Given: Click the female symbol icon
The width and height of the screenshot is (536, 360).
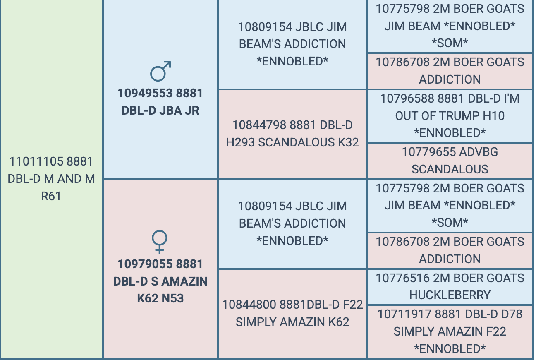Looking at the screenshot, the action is pyautogui.click(x=159, y=242).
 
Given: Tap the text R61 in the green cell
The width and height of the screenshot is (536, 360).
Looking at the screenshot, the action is pyautogui.click(x=51, y=196).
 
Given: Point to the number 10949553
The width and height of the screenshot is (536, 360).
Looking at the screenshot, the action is pyautogui.click(x=145, y=94).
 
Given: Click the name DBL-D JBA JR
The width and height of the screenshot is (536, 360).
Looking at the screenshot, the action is pyautogui.click(x=160, y=110).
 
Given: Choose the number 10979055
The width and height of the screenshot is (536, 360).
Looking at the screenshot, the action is pyautogui.click(x=145, y=264).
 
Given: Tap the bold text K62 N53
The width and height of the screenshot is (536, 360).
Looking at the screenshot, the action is pyautogui.click(x=160, y=298).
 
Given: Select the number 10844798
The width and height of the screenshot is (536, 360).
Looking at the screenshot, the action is pyautogui.click(x=259, y=125).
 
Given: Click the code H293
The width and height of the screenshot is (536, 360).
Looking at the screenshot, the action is pyautogui.click(x=240, y=142).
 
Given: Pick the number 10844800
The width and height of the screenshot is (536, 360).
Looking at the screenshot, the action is pyautogui.click(x=249, y=305).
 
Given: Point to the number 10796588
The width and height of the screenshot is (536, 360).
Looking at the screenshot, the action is pyautogui.click(x=407, y=98).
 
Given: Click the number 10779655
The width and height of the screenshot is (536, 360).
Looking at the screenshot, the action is pyautogui.click(x=429, y=152).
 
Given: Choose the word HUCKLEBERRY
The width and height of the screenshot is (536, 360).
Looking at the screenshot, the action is pyautogui.click(x=450, y=295).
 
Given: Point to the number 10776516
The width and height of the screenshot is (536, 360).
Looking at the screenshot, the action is pyautogui.click(x=403, y=278).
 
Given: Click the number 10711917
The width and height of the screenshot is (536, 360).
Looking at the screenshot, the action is pyautogui.click(x=404, y=314).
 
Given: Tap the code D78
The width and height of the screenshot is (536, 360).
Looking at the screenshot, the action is pyautogui.click(x=512, y=314).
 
